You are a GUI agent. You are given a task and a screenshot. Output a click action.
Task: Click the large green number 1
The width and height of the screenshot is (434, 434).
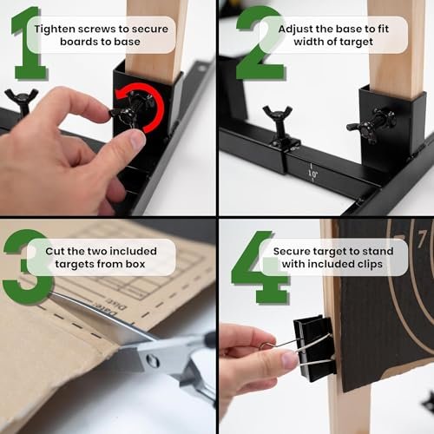coord(29,43)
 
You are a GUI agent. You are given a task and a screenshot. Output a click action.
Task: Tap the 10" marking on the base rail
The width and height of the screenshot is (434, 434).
coord(312,174)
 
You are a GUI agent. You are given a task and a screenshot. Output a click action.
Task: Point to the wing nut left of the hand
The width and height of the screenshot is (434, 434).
coord(21,102)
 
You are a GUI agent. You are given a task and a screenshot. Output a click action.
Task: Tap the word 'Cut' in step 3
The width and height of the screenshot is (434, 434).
coord(55,251)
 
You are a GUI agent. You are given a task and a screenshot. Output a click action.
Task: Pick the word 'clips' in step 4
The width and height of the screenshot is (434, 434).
coord(371,265)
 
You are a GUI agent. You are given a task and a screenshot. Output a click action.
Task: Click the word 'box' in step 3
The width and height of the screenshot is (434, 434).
coord(135,264)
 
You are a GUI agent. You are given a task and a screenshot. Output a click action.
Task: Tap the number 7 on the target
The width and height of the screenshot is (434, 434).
coord(423,239)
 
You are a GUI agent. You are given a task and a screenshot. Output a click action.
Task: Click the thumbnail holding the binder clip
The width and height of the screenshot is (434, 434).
coord(288,359)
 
